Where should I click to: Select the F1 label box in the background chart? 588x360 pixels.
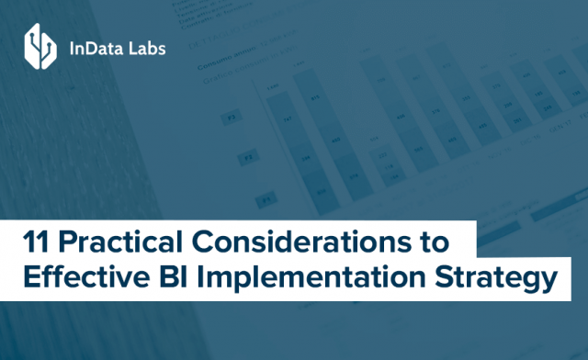pyautogui.click(x=266, y=198)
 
